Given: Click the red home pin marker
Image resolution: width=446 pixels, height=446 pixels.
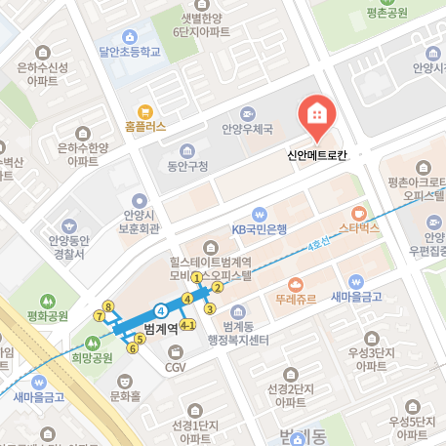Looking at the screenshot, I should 316,117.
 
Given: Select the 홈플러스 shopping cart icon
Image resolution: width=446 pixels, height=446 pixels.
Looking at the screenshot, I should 145,111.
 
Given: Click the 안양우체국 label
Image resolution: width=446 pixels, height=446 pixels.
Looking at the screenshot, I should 248,129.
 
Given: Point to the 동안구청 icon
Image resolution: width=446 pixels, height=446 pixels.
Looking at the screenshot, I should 185,151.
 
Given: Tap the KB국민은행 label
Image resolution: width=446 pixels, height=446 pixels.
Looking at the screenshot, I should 259,229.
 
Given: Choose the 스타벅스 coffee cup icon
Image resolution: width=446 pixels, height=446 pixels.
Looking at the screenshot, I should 358,212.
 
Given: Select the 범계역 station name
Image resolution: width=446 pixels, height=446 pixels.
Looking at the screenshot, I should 160,328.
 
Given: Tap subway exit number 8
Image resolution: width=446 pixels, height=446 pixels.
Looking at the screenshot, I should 108,305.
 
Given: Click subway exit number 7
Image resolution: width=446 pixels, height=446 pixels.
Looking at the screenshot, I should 99,316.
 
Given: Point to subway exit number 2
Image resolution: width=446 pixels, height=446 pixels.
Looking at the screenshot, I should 218,287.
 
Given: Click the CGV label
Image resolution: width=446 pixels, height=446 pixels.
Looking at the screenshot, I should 175,367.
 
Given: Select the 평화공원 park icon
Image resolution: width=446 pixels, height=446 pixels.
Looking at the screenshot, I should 47,301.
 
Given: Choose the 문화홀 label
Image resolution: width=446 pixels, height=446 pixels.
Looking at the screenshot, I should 125,395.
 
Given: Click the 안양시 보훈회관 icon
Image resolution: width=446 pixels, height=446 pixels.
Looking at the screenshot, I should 139,199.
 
